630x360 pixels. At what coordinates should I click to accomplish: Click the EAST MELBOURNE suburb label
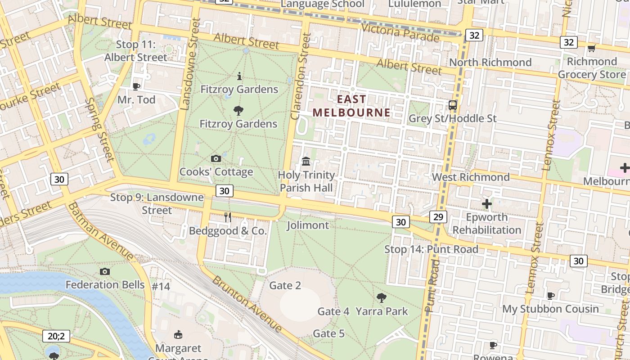click(351, 106)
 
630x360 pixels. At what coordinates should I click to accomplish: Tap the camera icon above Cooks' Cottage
click(216, 158)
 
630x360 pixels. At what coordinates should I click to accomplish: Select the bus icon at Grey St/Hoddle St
click(453, 105)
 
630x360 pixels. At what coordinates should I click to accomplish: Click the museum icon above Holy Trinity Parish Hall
click(306, 161)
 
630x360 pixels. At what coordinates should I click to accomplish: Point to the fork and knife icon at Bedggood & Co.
click(228, 217)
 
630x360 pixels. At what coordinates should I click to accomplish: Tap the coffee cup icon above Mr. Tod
click(136, 86)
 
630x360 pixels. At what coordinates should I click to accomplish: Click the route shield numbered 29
click(438, 217)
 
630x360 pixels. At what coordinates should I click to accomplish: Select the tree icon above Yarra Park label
click(382, 297)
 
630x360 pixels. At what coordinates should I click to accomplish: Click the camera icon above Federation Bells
click(105, 271)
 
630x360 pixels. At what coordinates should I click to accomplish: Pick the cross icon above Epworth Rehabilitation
click(486, 204)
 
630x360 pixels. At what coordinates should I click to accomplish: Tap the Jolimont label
click(308, 225)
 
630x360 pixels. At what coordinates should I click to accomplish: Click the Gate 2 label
click(285, 285)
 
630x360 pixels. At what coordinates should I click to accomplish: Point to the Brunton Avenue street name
click(247, 304)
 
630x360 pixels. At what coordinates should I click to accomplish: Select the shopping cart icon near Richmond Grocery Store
click(591, 48)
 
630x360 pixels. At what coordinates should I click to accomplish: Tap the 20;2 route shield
click(57, 336)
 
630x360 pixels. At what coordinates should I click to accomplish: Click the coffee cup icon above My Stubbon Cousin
click(550, 296)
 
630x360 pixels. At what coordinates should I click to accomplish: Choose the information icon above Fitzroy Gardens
click(239, 76)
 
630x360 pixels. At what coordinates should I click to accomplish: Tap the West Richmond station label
click(471, 177)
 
